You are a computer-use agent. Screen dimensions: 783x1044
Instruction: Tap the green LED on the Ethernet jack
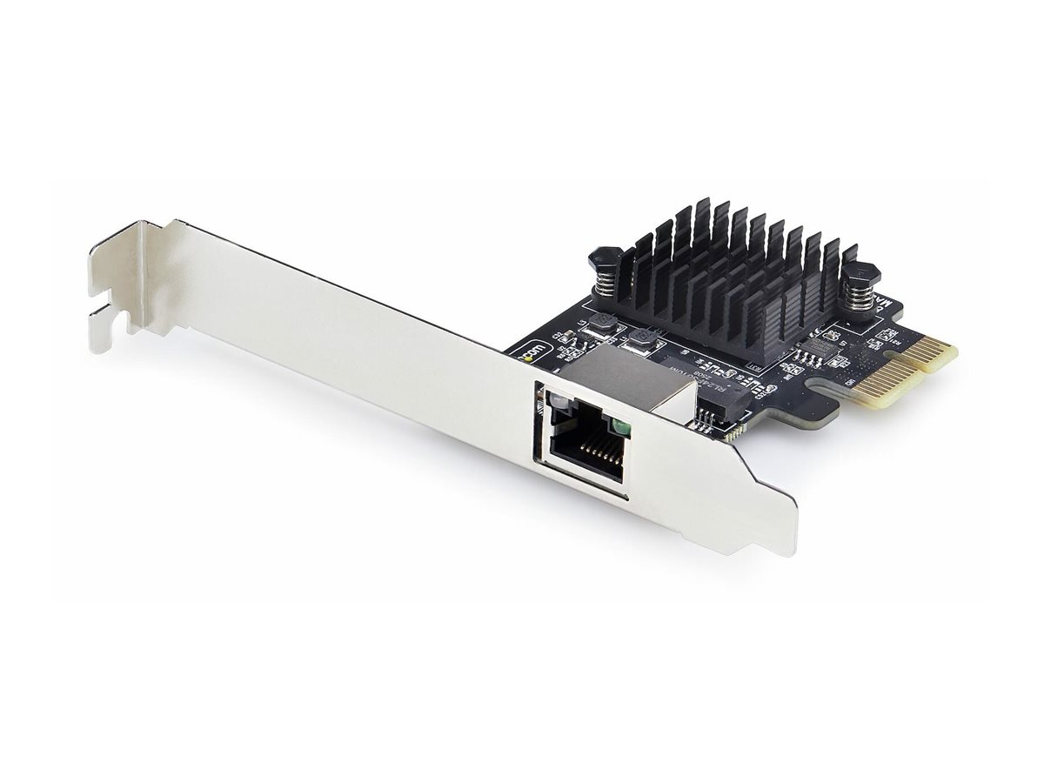click(x=620, y=426)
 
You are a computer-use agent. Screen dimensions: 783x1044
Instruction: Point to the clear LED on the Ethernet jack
click(x=553, y=402)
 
